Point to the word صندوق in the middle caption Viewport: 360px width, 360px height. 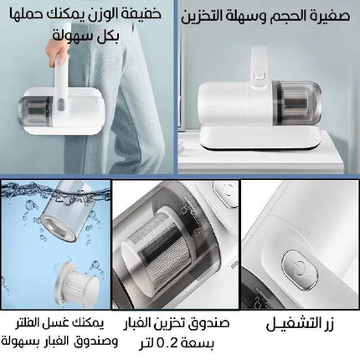(x=211, y=323)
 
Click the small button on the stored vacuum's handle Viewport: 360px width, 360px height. (x=260, y=75)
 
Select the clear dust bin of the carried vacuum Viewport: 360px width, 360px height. (x=35, y=110)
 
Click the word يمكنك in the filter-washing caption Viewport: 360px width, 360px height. (x=87, y=324)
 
